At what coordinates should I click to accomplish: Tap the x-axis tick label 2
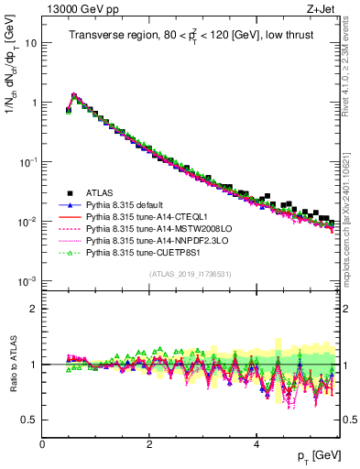tap(149, 442)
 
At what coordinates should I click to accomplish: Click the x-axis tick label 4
tap(257, 442)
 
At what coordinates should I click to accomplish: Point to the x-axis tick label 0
tap(42, 442)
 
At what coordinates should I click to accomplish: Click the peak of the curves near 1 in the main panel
tap(74, 94)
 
